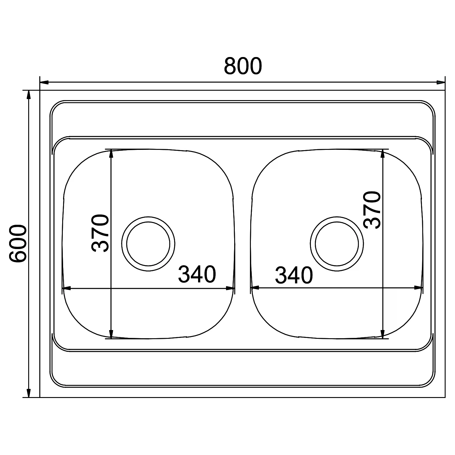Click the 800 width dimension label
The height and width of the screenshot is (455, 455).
pos(243,66)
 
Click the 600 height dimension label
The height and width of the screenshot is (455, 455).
pos(18,244)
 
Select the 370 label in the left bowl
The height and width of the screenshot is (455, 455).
pos(100,233)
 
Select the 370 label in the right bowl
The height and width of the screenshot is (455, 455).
pos(372,210)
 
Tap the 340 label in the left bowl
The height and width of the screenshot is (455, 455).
pos(197,274)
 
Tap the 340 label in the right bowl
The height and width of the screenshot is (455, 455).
pos(294,275)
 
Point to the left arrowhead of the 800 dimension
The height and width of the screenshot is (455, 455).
pos(45,82)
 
